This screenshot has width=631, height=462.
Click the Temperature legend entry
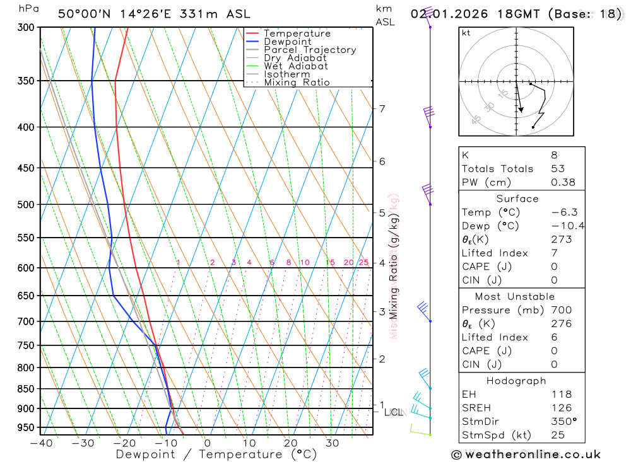pos(297,33)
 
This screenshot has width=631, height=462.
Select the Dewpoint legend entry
pos(287,42)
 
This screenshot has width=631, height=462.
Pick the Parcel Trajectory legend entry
pos(310,50)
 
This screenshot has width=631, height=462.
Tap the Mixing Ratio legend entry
pos(297,82)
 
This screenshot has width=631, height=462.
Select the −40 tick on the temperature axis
pos(42,443)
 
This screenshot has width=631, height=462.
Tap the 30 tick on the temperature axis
pos(332,443)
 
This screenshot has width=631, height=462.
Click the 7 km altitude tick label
pos(382,108)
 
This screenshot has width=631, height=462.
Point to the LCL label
pos(392,413)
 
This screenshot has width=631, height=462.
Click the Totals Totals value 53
pos(558,168)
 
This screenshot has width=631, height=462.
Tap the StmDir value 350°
pos(563,421)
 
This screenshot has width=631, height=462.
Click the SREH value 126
pos(561,408)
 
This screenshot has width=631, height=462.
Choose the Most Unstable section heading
pos(515,296)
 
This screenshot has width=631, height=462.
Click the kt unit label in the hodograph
pos(466,33)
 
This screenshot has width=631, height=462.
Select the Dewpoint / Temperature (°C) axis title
pos(216,454)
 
